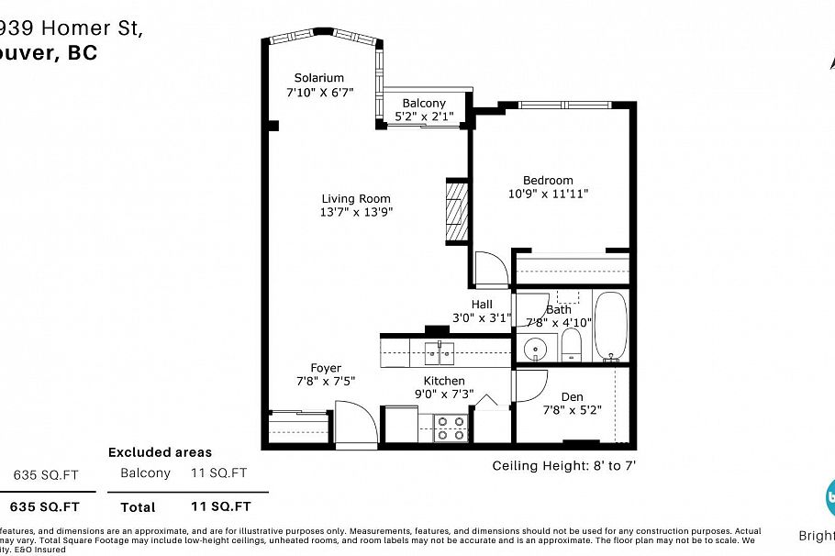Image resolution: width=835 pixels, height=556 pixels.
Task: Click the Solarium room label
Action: click(318, 78)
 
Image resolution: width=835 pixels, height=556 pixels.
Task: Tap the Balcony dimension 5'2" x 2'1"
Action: click(423, 117)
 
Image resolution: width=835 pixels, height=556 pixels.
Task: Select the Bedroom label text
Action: click(548, 180)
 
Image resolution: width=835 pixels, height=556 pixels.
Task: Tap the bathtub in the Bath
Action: click(610, 327)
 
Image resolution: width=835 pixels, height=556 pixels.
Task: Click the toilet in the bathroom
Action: click(571, 346)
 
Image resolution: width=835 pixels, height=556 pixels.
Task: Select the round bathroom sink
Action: click(535, 350)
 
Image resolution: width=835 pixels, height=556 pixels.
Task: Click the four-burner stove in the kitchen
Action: click(450, 428)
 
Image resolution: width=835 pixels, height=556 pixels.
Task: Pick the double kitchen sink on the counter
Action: click(439, 350)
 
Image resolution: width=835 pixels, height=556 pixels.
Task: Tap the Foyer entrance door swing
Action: click(355, 423)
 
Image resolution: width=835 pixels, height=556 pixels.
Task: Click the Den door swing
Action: click(530, 384)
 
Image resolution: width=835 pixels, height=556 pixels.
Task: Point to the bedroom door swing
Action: click(490, 269)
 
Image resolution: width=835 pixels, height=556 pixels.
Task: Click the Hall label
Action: click(482, 305)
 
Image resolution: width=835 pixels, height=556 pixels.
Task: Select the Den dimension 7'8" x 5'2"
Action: click(572, 411)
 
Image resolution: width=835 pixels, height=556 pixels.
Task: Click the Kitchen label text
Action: click(443, 381)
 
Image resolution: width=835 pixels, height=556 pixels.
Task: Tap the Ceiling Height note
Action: click(563, 466)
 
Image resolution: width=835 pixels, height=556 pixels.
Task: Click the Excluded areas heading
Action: click(160, 452)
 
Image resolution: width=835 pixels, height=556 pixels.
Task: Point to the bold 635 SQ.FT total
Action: click(44, 506)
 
